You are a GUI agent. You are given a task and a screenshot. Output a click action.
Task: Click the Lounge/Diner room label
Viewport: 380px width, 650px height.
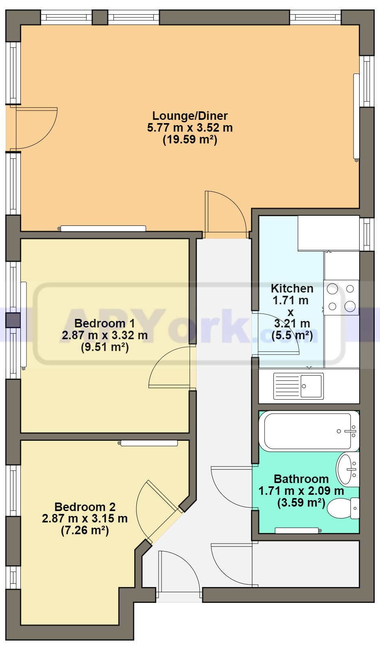pyautogui.click(x=190, y=116)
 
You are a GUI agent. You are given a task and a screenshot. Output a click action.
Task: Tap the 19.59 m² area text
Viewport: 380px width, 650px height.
pyautogui.click(x=190, y=140)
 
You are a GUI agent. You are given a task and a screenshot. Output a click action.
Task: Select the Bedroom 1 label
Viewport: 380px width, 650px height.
pyautogui.click(x=105, y=323)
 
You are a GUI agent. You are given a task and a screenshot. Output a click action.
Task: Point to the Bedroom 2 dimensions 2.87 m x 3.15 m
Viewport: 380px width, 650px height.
pyautogui.click(x=85, y=519)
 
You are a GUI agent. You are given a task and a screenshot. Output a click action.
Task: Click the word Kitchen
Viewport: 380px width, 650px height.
pyautogui.click(x=292, y=288)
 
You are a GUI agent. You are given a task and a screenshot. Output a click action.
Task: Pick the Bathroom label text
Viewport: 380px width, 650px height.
pyautogui.click(x=301, y=479)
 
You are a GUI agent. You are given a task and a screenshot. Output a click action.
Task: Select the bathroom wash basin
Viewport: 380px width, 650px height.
pyautogui.click(x=347, y=470)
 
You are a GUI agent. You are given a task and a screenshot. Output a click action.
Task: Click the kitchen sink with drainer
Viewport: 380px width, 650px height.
pyautogui.click(x=298, y=386)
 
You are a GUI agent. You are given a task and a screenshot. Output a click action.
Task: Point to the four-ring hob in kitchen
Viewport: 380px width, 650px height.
pyautogui.click(x=341, y=298)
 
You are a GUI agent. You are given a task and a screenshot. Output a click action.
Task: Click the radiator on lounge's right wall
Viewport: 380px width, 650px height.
pyautogui.click(x=356, y=117)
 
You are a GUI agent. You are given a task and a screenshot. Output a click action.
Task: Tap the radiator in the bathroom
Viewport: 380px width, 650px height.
pyautogui.click(x=297, y=531)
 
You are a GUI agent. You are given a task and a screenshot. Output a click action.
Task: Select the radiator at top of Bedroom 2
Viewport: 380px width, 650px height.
pyautogui.click(x=149, y=443)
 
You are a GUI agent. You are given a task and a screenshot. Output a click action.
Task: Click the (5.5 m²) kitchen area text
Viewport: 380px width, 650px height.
pyautogui.click(x=292, y=336)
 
